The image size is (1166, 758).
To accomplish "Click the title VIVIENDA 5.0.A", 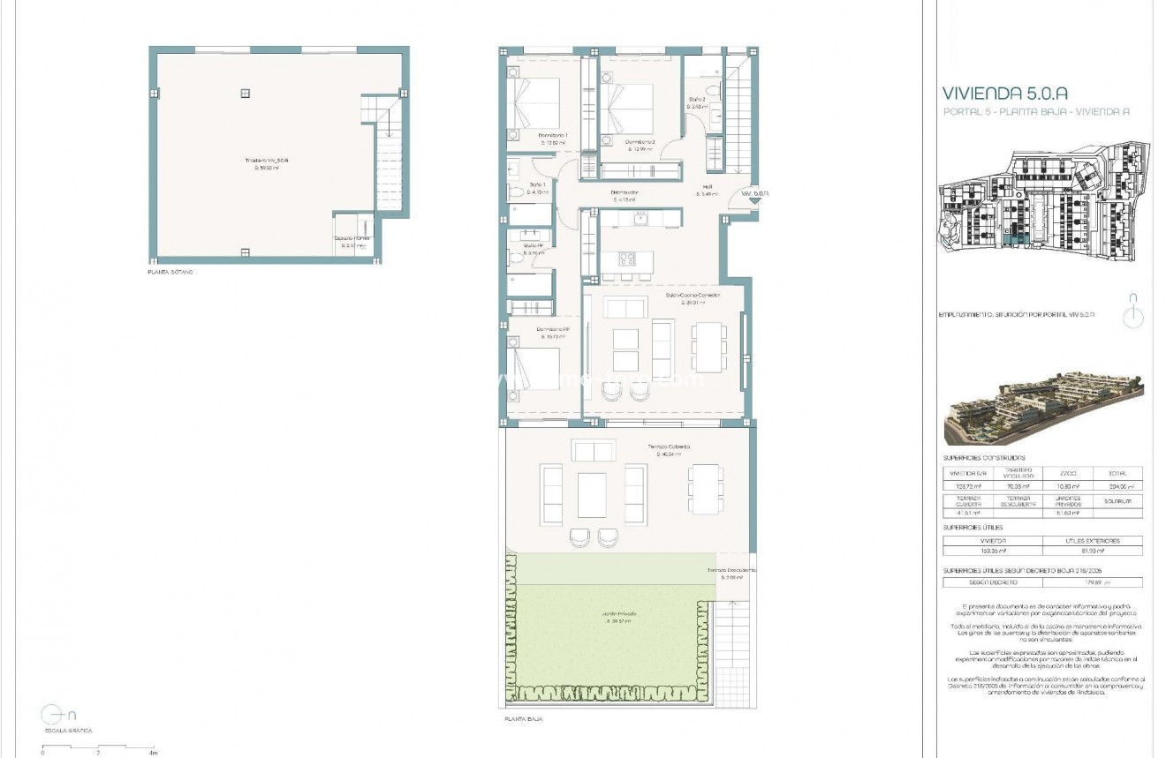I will pyautogui.click(x=1005, y=93).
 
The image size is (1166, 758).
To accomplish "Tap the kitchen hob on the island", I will pyautogui.click(x=626, y=259).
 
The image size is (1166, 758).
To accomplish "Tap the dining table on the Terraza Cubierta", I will pyautogui.click(x=704, y=488).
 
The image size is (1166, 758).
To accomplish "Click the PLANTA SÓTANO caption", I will pyautogui.click(x=170, y=273).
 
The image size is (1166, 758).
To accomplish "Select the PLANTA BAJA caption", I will pyautogui.click(x=523, y=719).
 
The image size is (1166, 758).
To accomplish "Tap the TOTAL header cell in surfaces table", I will pyautogui.click(x=1117, y=474).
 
